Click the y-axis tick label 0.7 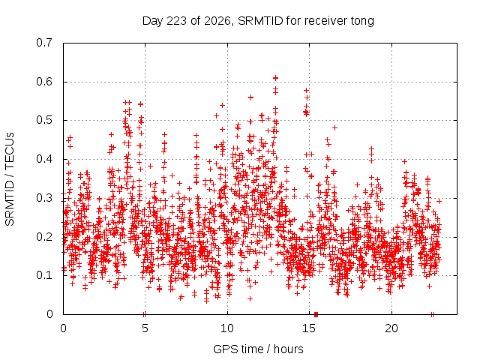click(x=44, y=43)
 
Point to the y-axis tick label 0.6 click(x=44, y=82)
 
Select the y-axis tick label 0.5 click(x=44, y=120)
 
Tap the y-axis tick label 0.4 click(x=44, y=159)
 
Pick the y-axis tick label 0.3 click(x=44, y=198)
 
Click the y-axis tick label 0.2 click(x=44, y=237)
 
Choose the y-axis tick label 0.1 click(x=44, y=275)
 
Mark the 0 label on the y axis click(x=49, y=314)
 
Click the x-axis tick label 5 click(x=145, y=328)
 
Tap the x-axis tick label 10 click(x=227, y=328)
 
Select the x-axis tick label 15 click(x=309, y=328)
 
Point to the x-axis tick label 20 click(x=391, y=328)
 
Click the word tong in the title click(x=362, y=21)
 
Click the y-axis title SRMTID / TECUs click(x=10, y=179)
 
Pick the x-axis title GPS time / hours click(x=258, y=349)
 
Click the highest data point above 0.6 click(x=275, y=78)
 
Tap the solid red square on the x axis click(x=316, y=314)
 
